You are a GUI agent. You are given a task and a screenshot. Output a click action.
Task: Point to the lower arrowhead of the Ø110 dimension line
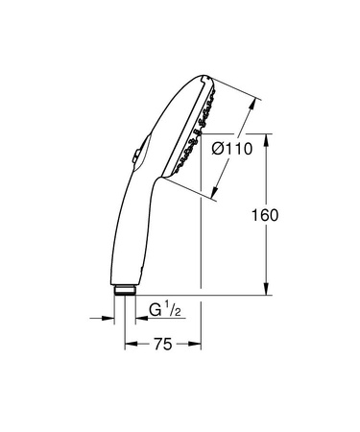click(214, 190)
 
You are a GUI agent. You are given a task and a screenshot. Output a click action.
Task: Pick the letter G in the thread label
click(155, 309)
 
